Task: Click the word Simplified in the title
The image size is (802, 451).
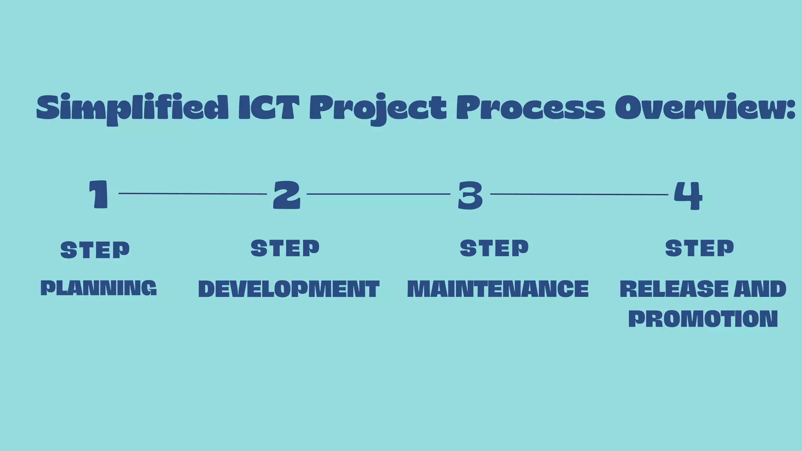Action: (x=132, y=108)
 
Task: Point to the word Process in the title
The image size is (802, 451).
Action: (x=531, y=107)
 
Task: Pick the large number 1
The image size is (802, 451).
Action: (x=99, y=194)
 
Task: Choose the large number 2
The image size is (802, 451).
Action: (x=287, y=195)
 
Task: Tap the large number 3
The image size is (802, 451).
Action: (x=470, y=195)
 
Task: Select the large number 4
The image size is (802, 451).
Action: (x=688, y=195)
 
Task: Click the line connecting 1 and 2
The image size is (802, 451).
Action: (x=193, y=193)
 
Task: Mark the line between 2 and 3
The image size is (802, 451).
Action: (x=378, y=194)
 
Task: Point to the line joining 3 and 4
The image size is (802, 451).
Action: (x=579, y=194)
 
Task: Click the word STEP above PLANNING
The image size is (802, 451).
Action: (x=95, y=250)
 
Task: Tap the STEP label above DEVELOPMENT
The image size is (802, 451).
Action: (x=285, y=248)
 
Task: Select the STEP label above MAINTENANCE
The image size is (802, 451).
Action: (x=494, y=248)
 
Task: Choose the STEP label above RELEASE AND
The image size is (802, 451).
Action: (x=699, y=248)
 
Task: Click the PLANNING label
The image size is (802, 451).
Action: (x=99, y=288)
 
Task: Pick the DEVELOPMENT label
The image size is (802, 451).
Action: (x=289, y=289)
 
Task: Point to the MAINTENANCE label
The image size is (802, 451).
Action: (x=498, y=289)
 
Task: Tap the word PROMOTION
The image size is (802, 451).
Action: (x=703, y=319)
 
